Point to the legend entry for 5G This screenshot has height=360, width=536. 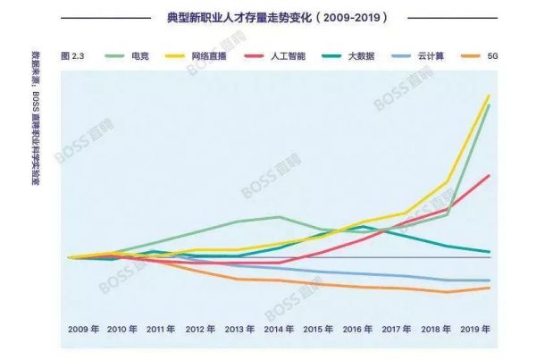[x=491, y=55]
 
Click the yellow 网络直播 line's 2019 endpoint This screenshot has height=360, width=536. [x=489, y=95]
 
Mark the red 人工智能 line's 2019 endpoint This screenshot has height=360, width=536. [x=489, y=175]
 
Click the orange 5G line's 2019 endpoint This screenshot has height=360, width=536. [x=489, y=288]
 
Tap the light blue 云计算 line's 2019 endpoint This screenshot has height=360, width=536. [x=489, y=280]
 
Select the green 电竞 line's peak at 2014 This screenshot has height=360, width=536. [x=280, y=216]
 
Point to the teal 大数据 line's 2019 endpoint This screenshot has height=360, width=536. [x=489, y=252]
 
